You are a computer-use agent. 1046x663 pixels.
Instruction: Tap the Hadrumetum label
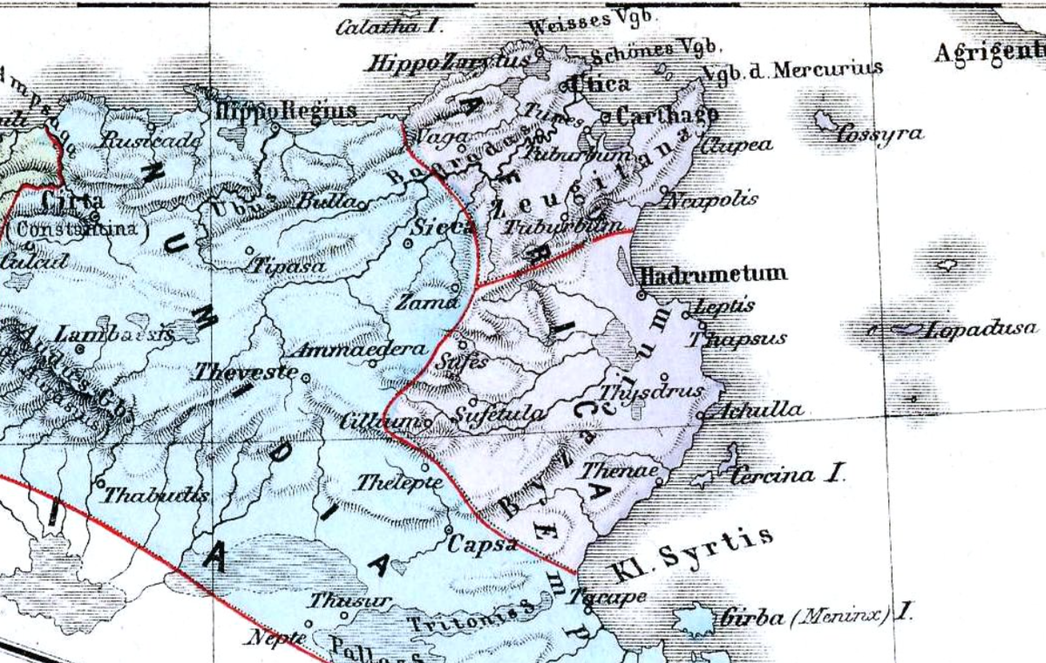click(713, 274)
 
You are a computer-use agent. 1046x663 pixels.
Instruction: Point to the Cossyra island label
click(879, 134)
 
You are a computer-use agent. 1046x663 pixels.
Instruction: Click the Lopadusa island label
click(981, 330)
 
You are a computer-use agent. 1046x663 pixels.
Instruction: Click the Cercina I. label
click(787, 476)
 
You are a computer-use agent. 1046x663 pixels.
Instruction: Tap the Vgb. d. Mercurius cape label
click(793, 69)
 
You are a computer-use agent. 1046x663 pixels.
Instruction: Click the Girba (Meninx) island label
click(813, 617)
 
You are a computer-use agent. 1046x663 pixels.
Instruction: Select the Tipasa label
click(289, 266)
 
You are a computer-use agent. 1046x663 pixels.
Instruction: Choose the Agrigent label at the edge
click(988, 53)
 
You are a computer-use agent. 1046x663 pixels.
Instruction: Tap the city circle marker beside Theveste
click(305, 377)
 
